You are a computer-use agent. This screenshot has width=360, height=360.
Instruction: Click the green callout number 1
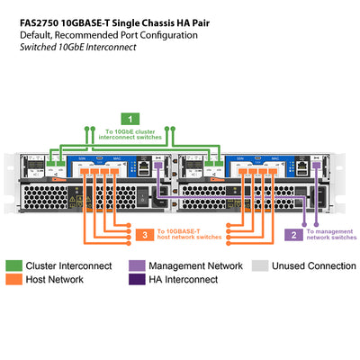pyautogui.click(x=131, y=118)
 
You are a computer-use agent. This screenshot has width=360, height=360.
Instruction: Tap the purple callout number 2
pyautogui.click(x=293, y=235)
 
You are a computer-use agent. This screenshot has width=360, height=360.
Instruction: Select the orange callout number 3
pyautogui.click(x=145, y=235)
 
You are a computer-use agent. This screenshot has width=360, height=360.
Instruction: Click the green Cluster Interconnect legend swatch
pyautogui.click(x=14, y=266)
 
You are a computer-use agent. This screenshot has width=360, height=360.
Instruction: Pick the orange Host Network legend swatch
pyautogui.click(x=14, y=280)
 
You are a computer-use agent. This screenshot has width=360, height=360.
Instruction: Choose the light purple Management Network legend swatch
pyautogui.click(x=136, y=266)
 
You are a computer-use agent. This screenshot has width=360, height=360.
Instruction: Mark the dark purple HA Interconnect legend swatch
pyautogui.click(x=136, y=280)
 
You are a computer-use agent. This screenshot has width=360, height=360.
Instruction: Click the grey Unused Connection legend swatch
pyautogui.click(x=258, y=266)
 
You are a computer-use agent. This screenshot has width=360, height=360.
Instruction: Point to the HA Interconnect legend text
pyautogui.click(x=183, y=280)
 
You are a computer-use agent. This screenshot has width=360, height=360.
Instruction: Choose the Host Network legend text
pyautogui.click(x=57, y=280)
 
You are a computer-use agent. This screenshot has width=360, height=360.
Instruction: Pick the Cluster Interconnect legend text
pyautogui.click(x=69, y=266)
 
